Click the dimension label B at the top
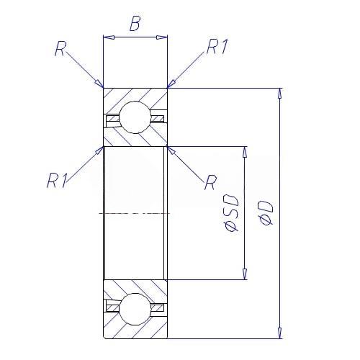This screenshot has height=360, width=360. click(x=135, y=24)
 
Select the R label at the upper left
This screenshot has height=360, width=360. click(x=60, y=48)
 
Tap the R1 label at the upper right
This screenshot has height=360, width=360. click(x=217, y=46)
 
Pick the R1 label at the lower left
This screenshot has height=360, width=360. click(x=57, y=180)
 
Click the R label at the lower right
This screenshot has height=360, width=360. click(x=210, y=182)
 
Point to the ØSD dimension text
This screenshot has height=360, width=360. click(x=231, y=213)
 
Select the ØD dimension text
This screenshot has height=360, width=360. click(x=266, y=213)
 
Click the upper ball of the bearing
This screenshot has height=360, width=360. click(x=135, y=117)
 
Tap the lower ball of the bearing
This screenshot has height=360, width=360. click(x=135, y=309)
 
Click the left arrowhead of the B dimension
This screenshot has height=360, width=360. click(x=109, y=37)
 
